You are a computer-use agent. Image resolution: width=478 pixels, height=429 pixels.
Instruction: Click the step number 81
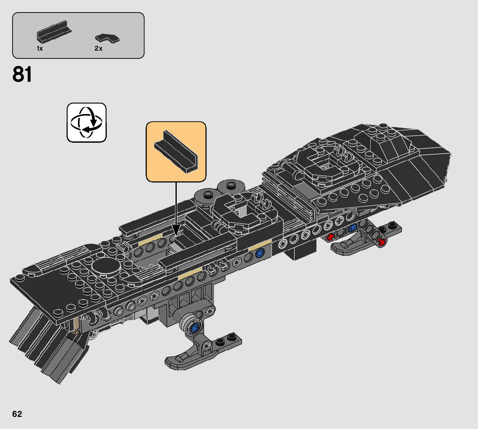tap(22, 74)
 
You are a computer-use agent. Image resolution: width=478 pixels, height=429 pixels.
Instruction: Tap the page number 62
tap(17, 414)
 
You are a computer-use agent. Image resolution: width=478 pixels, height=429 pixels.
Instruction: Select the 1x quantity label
tap(40, 48)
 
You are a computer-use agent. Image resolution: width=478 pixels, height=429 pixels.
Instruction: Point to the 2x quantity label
tap(99, 48)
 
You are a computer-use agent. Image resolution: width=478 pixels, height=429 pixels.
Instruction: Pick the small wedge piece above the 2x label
tap(108, 38)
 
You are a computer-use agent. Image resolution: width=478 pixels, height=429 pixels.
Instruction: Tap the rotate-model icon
tap(86, 122)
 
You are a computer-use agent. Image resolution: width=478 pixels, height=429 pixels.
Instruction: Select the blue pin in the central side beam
tap(260, 253)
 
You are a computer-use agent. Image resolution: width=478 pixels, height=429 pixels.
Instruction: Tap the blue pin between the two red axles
tap(353, 227)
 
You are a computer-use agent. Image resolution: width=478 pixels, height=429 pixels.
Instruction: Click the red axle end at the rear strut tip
tap(381, 242)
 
